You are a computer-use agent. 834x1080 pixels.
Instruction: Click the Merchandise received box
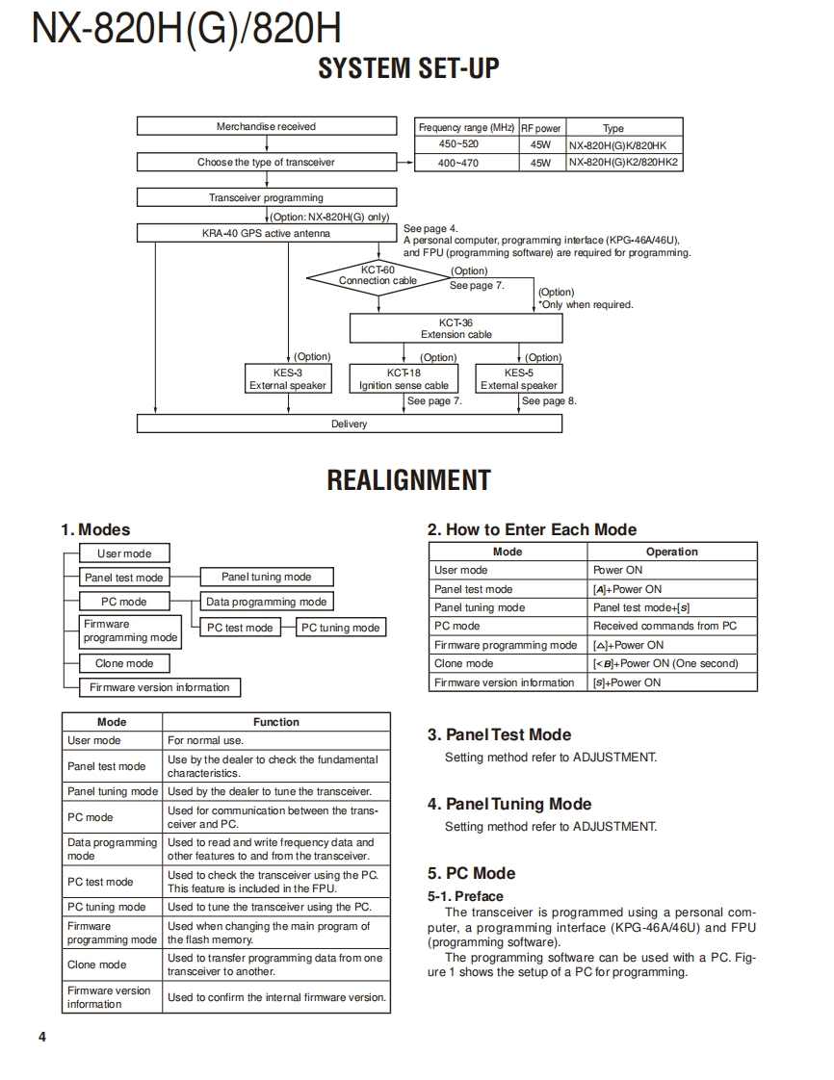[x=266, y=126]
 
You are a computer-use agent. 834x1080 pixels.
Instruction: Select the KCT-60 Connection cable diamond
[x=378, y=276]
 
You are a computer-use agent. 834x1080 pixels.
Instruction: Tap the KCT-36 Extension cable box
[x=456, y=328]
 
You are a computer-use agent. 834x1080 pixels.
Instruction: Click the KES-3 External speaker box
[x=288, y=378]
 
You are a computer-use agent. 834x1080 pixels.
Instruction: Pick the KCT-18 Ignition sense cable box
[x=404, y=378]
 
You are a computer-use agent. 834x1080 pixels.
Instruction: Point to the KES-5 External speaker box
[x=519, y=378]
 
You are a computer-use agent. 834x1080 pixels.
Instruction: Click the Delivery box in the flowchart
[x=349, y=424]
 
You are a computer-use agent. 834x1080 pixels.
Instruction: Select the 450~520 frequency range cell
[x=458, y=144]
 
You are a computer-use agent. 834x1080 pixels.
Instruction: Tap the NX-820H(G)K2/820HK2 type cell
[x=623, y=163]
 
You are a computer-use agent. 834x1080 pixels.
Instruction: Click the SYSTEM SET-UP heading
[x=408, y=68]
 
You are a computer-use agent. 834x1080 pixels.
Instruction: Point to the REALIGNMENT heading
[x=408, y=480]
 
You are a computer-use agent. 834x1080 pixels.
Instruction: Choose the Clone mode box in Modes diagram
[x=123, y=663]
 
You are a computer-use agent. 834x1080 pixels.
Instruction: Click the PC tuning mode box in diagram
[x=340, y=628]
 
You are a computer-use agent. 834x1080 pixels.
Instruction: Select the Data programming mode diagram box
[x=266, y=602]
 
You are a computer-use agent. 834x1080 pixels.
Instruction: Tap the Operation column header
[x=671, y=552]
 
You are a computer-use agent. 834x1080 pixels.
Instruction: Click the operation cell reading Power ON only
[x=671, y=570]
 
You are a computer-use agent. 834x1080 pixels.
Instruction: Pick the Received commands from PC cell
[x=671, y=626]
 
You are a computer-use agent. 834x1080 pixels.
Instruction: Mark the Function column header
[x=276, y=722]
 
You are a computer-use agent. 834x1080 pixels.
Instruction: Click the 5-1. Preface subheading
[x=465, y=896]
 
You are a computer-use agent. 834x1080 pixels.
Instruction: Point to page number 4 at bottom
[x=42, y=1037]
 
